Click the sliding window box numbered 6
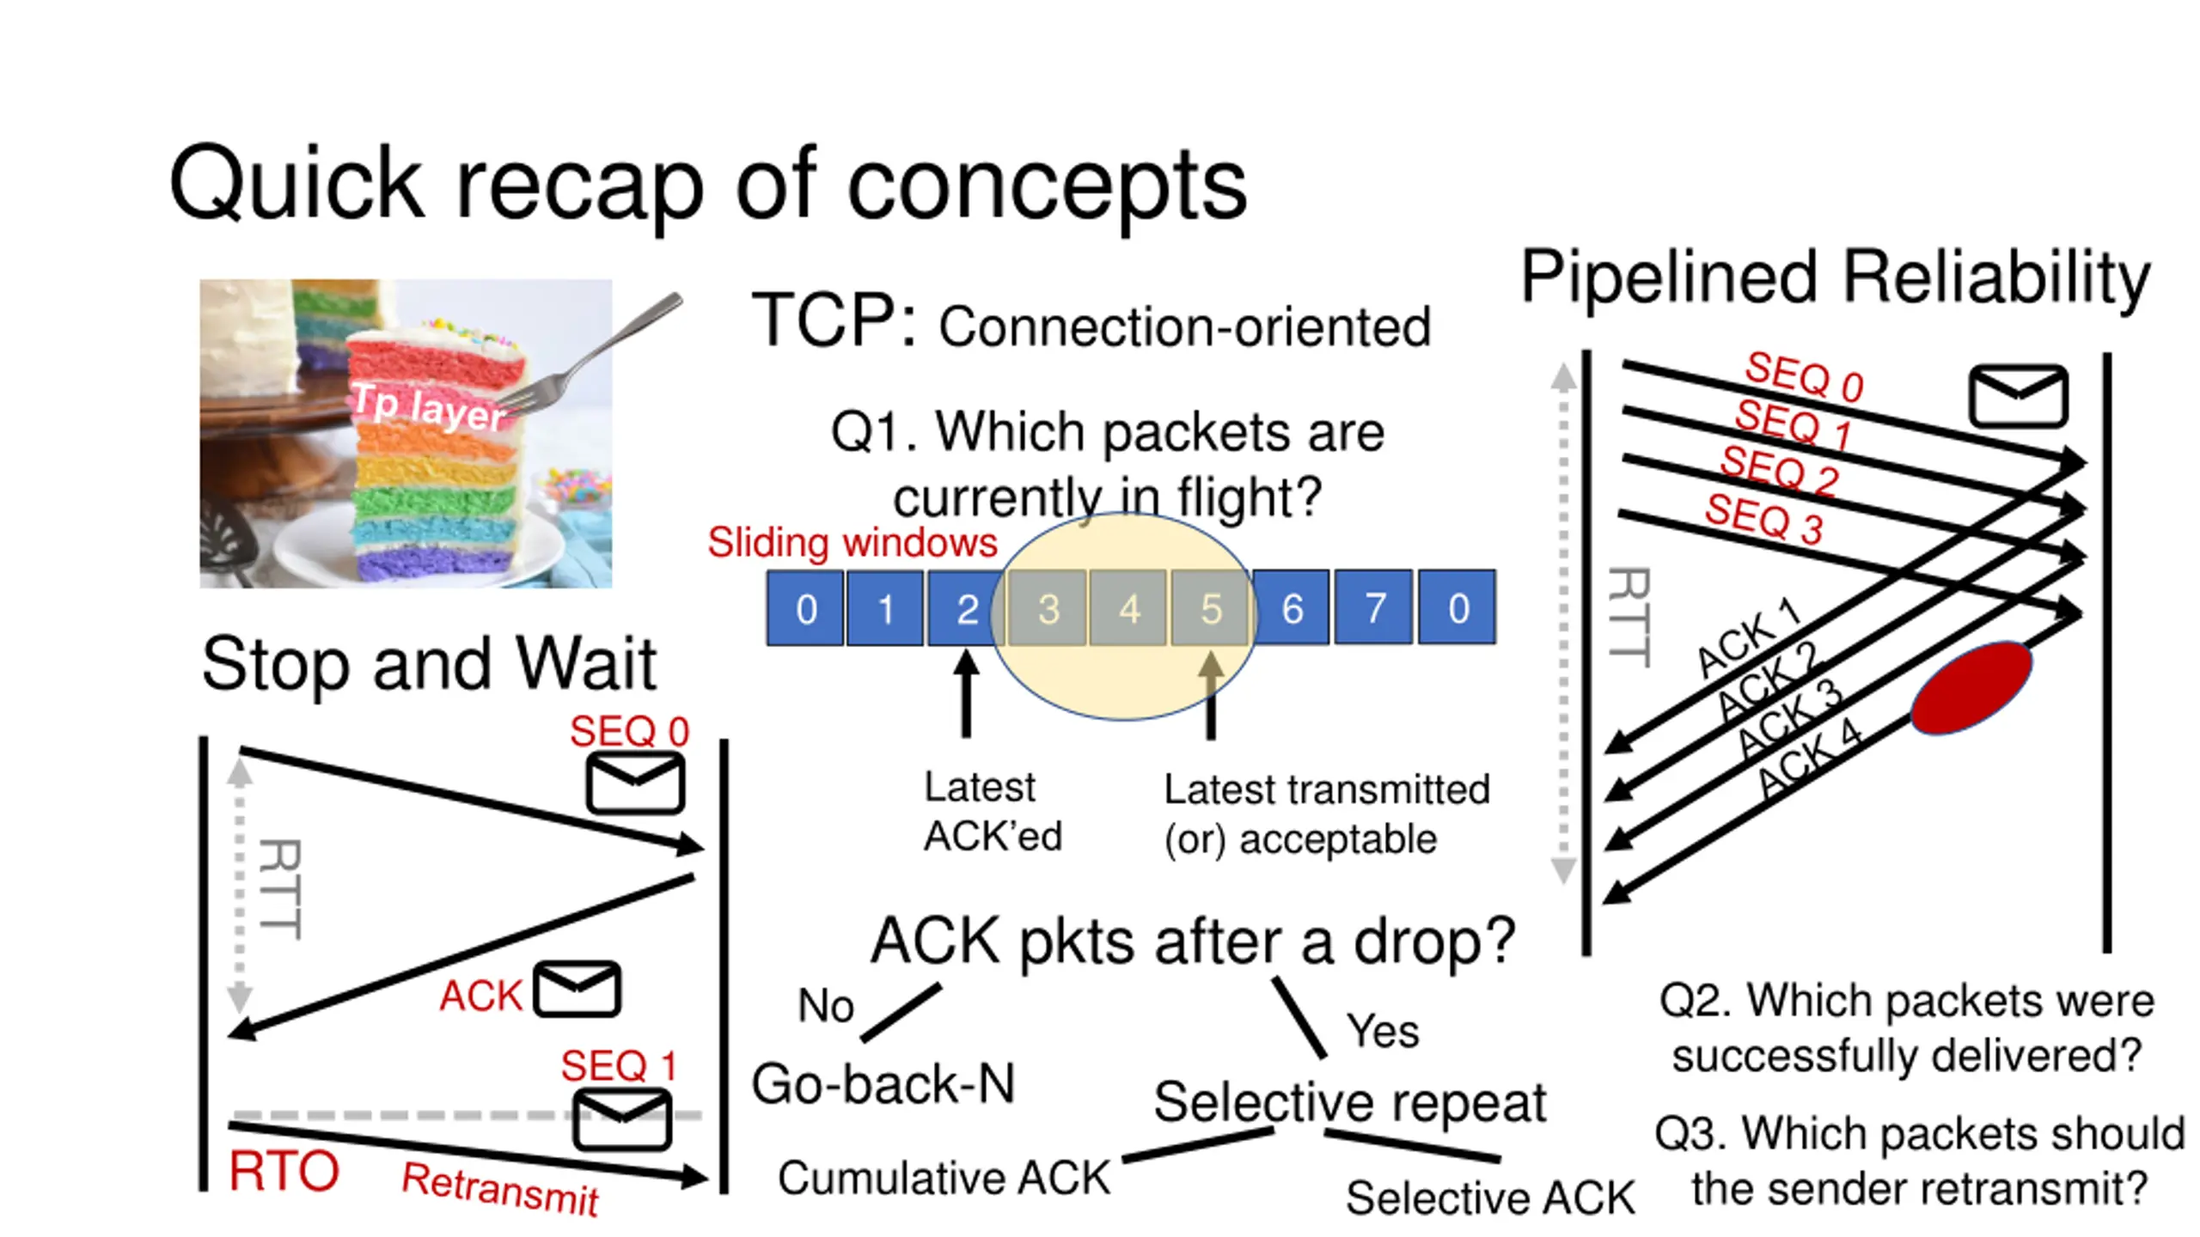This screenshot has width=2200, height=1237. (1292, 607)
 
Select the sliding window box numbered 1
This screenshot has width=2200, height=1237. (885, 607)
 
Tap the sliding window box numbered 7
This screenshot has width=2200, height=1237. (1373, 607)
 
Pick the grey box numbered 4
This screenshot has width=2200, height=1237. (1128, 607)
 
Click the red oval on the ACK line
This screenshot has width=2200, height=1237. (1971, 688)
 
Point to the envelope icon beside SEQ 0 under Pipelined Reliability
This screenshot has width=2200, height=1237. (2018, 396)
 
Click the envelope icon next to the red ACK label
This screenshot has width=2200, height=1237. (577, 990)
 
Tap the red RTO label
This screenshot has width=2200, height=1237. (284, 1171)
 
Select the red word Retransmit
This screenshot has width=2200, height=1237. (500, 1189)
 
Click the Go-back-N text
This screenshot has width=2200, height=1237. (883, 1083)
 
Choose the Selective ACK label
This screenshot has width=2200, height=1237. (1490, 1197)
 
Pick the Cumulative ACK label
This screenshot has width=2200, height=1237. (944, 1177)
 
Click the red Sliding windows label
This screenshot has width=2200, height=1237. (852, 542)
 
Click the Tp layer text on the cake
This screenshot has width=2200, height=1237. (428, 408)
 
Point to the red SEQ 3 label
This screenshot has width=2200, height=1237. (1764, 519)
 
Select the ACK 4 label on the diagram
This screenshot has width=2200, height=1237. (1809, 758)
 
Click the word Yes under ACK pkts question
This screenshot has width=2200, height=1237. (1383, 1030)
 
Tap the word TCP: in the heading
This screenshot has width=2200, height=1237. (834, 320)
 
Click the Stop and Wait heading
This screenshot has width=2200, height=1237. (429, 663)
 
